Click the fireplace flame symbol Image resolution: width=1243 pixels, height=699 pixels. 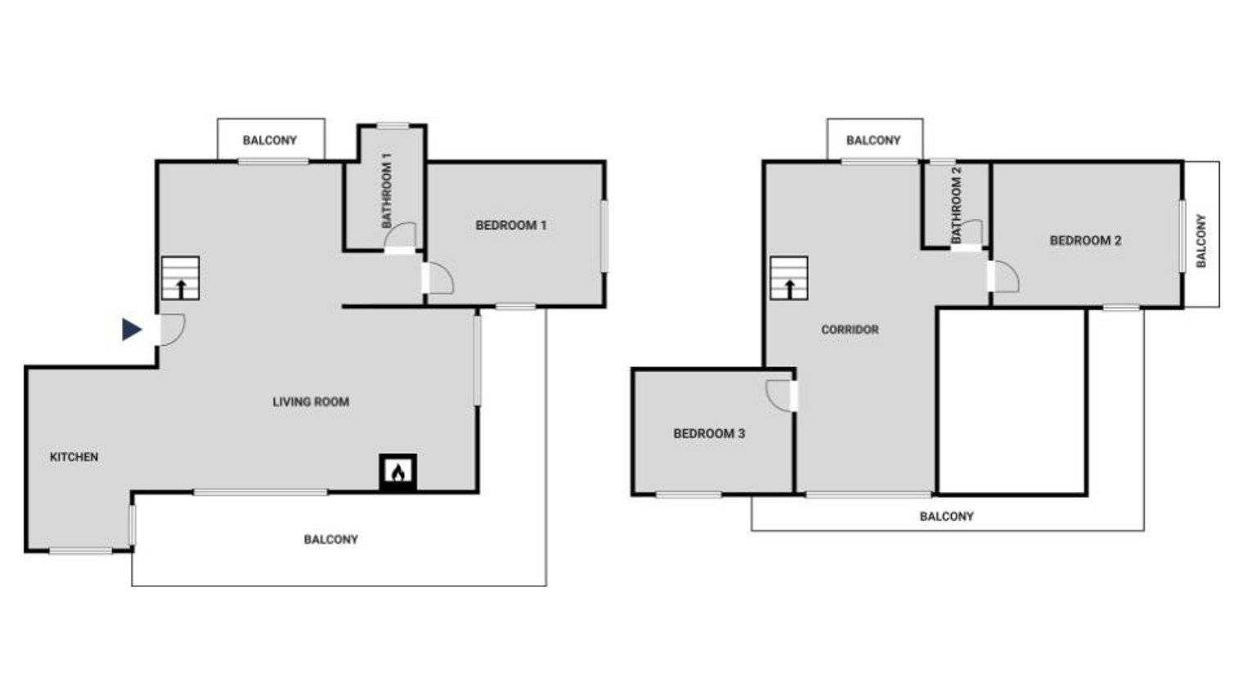[398, 473]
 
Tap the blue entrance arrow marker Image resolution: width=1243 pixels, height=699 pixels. [132, 329]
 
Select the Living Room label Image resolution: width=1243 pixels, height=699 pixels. [311, 401]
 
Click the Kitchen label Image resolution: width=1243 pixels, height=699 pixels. [74, 457]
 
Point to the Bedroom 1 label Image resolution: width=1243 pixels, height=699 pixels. [511, 226]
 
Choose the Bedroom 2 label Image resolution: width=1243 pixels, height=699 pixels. [1085, 240]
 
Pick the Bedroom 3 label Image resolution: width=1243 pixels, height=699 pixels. [709, 434]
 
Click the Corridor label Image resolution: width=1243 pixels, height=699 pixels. [850, 330]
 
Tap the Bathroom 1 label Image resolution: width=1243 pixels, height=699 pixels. [387, 190]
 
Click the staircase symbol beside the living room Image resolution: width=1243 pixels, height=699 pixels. [181, 278]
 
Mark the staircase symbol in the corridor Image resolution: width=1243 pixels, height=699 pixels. [788, 278]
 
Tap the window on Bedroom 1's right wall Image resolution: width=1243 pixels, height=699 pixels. [604, 236]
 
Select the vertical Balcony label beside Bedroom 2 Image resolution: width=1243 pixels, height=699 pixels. [1200, 240]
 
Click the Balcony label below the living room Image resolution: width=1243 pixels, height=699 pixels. [330, 540]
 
